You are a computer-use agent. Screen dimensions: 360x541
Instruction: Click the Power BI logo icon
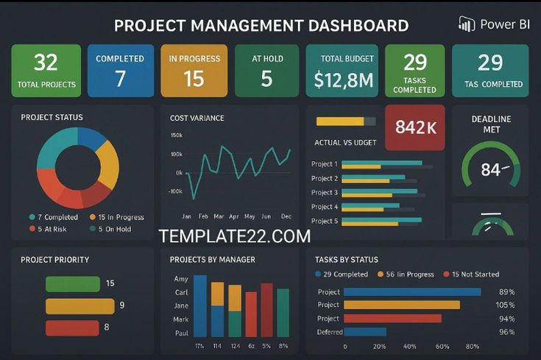tap(466, 24)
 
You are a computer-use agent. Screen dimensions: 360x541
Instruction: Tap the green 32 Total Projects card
tap(46, 71)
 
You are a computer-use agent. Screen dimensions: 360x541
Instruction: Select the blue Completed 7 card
tap(120, 71)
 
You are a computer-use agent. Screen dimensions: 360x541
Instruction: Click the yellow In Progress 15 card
tap(194, 71)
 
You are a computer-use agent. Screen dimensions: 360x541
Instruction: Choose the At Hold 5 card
tap(266, 71)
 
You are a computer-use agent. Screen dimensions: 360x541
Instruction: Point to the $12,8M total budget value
tap(342, 80)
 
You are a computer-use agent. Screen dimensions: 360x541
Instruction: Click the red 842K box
tap(415, 127)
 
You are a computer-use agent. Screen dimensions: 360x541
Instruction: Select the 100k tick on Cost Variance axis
tap(176, 154)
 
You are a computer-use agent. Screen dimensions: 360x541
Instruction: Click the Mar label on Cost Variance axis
tap(219, 216)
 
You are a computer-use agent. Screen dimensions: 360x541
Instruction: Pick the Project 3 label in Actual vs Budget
tap(325, 193)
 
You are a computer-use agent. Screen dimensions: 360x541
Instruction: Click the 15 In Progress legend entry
tap(116, 217)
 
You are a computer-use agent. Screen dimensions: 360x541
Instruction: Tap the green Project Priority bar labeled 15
tap(73, 283)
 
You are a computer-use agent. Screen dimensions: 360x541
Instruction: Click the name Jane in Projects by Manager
tap(181, 306)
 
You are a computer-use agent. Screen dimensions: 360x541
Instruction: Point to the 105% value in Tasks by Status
tap(505, 305)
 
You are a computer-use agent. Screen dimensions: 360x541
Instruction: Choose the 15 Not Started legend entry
tap(471, 275)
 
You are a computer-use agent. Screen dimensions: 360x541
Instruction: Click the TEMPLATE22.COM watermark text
tap(234, 236)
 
